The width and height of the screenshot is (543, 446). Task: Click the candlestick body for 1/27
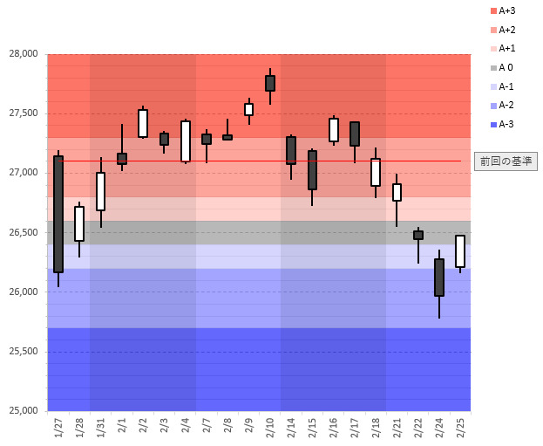click(x=58, y=214)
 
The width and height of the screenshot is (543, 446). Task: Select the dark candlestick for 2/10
click(x=270, y=83)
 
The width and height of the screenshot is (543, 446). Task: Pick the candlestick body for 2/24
click(x=439, y=278)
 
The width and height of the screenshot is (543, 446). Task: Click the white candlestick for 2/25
click(x=460, y=251)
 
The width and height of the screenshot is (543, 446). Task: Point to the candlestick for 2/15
click(x=312, y=170)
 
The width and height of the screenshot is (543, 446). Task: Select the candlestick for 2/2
click(x=143, y=123)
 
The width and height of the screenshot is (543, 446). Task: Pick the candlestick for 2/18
click(x=376, y=172)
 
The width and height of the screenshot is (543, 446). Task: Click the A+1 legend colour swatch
click(x=493, y=49)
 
